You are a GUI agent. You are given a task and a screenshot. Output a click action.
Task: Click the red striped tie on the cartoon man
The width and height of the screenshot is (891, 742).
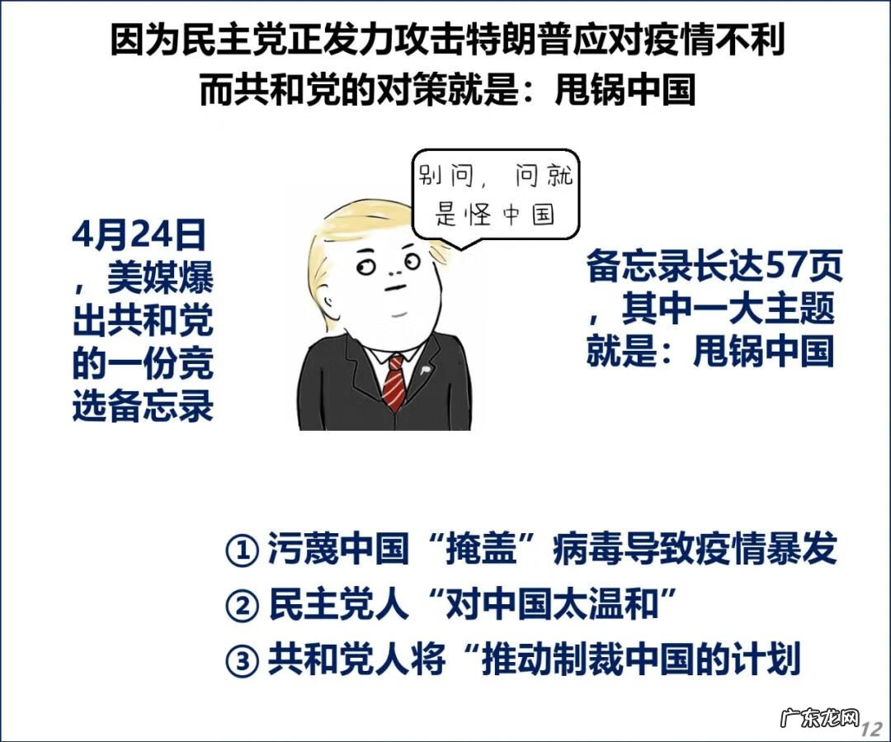click(x=395, y=380)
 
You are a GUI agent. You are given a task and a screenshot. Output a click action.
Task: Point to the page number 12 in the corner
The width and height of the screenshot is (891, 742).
click(x=871, y=730)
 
